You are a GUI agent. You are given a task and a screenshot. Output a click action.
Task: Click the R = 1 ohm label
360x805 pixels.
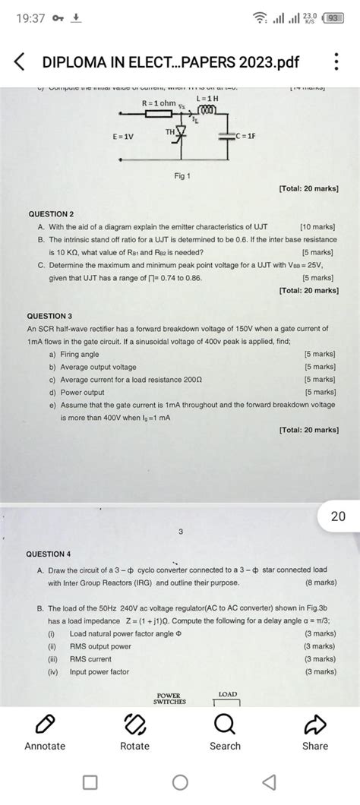click(159, 103)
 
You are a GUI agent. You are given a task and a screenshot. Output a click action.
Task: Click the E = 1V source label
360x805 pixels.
click(124, 137)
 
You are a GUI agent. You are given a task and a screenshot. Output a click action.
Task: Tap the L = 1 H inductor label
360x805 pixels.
click(207, 99)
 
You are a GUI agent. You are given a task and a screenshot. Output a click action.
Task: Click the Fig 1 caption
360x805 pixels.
click(182, 176)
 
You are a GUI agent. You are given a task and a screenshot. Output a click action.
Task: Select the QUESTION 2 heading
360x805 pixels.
click(50, 215)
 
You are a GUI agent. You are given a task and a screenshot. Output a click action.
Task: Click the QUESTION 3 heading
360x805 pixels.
click(50, 315)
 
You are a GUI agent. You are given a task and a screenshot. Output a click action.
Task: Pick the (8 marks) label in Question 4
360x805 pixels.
click(320, 582)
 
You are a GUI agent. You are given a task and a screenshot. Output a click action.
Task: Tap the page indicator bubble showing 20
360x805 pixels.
click(338, 516)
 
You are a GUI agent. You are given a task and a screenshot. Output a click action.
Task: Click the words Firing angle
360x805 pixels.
click(79, 354)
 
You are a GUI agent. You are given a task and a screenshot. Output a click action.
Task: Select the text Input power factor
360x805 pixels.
click(99, 671)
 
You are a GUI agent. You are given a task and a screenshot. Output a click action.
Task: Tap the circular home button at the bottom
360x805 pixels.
click(180, 781)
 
